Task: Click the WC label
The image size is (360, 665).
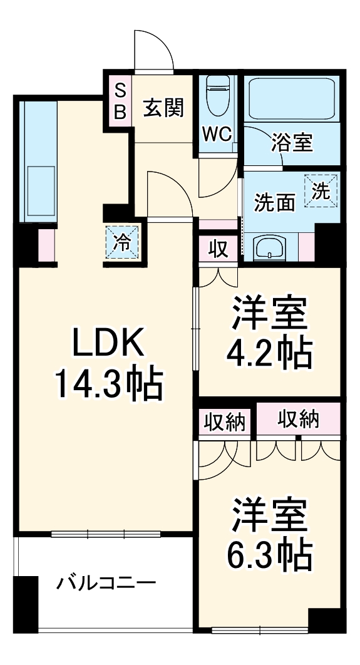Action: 217,133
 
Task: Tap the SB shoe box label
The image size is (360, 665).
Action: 119,101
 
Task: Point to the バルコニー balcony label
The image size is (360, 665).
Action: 106,584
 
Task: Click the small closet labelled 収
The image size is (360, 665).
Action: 217,249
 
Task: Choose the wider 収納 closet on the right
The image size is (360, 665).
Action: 298,419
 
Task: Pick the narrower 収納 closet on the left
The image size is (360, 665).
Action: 226,420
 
